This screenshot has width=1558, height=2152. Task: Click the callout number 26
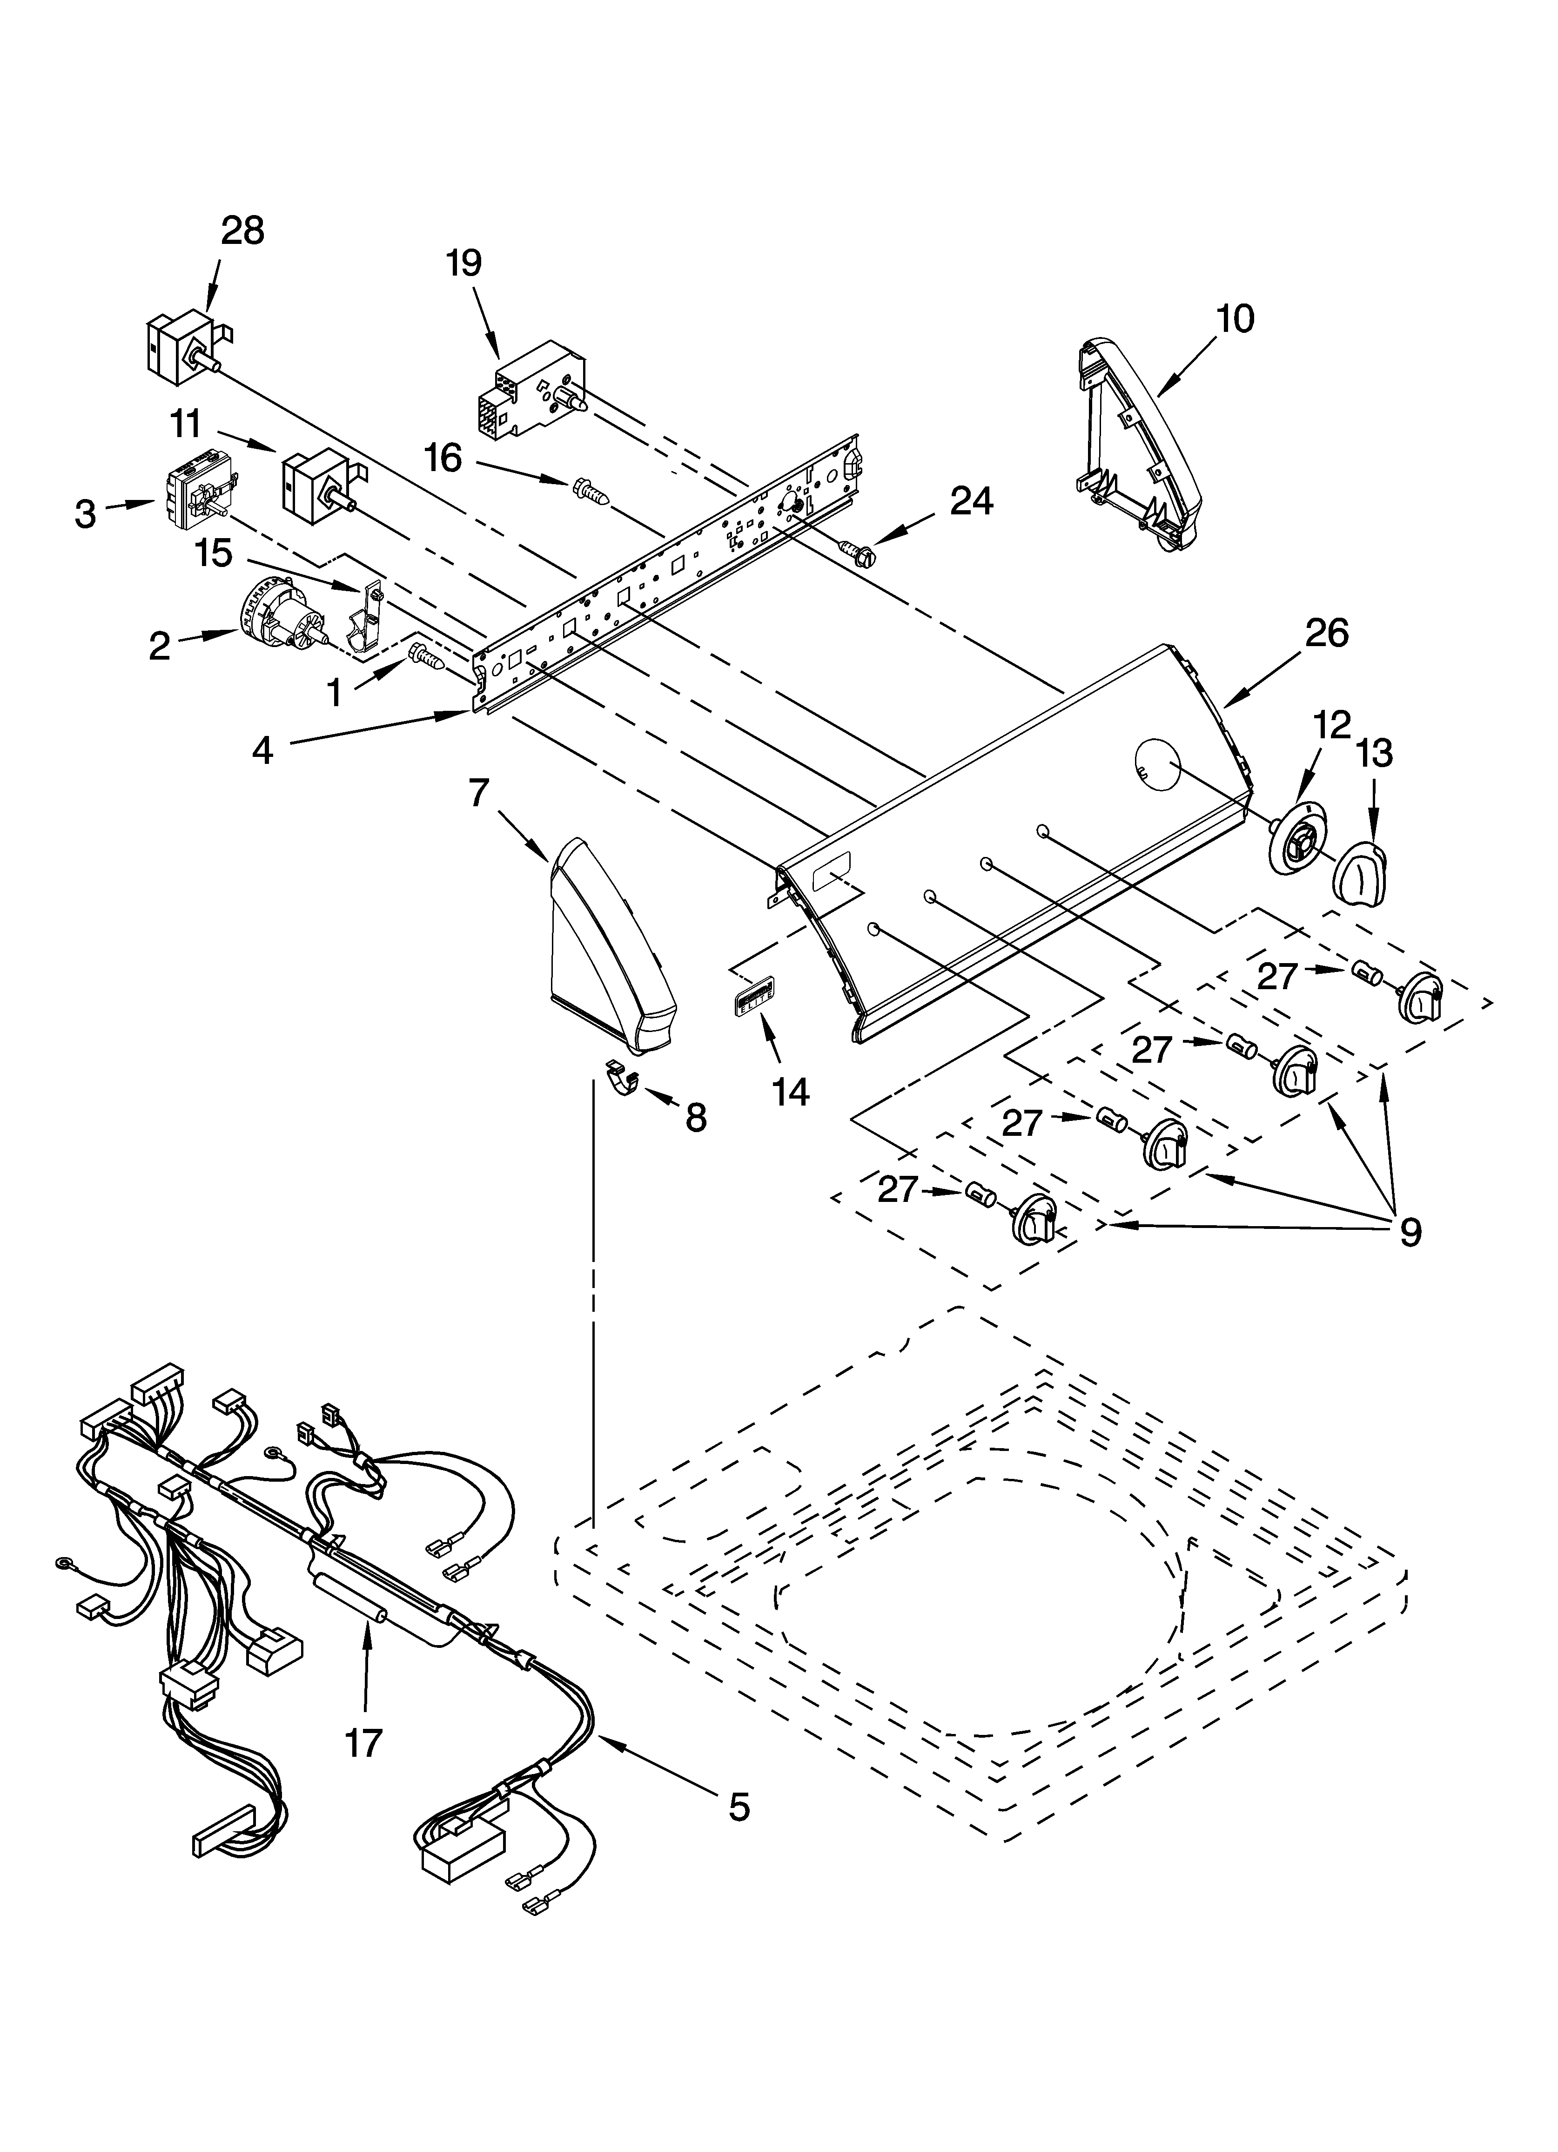click(x=1325, y=633)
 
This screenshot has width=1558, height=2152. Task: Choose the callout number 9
click(x=1410, y=1232)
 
